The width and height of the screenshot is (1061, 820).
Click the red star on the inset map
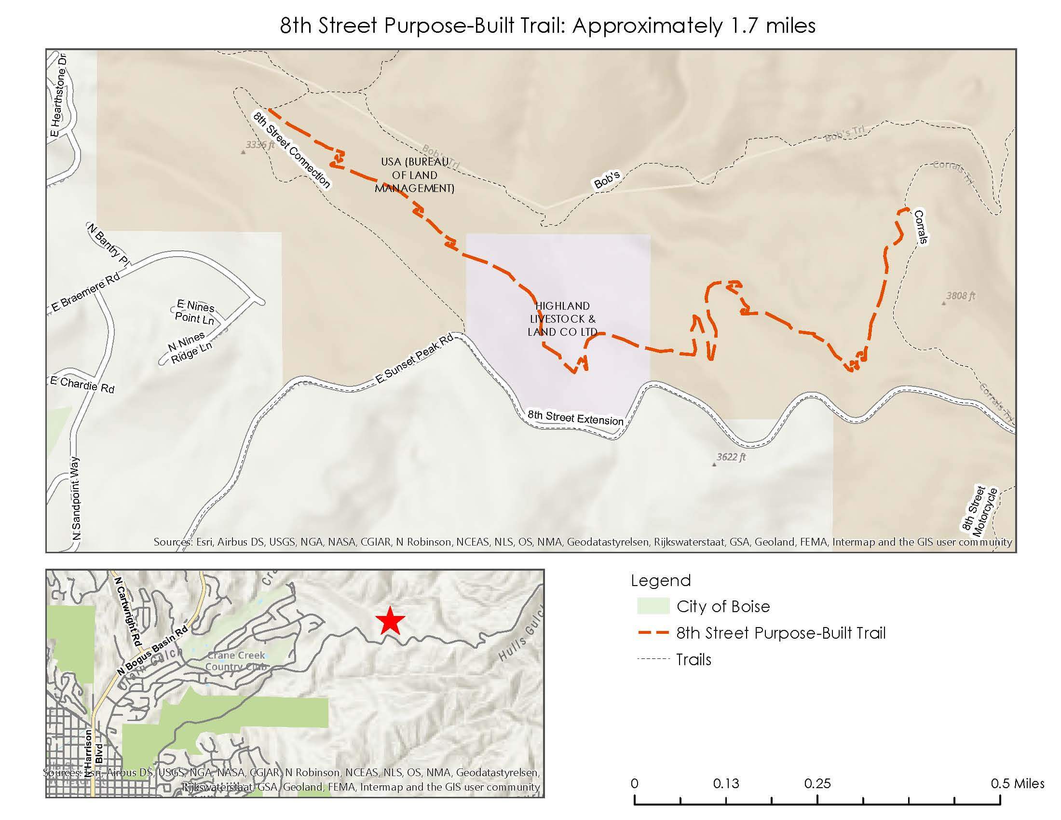390,621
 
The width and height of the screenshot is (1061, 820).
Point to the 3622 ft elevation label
731,457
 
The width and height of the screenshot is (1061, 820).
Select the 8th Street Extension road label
575,417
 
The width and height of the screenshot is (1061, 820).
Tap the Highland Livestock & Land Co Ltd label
562,319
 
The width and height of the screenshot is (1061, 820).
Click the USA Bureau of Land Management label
414,175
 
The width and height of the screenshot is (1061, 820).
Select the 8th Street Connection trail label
291,149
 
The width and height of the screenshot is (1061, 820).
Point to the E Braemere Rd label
85,292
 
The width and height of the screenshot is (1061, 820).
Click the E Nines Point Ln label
195,312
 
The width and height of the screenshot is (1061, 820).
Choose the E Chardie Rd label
82,385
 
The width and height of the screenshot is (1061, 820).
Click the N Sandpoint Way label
77,498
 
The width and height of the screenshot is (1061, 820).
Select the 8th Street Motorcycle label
979,509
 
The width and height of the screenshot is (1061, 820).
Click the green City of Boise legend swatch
653,606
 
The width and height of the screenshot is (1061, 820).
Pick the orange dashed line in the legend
653,633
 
